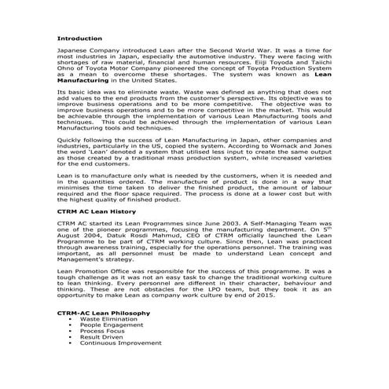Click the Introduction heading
coord(79,39)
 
